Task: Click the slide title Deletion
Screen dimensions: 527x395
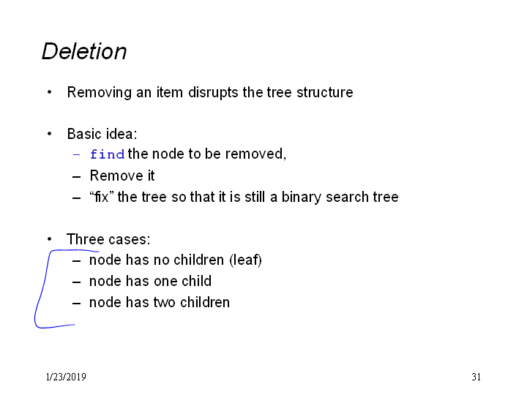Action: (x=84, y=51)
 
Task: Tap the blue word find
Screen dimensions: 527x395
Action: (x=107, y=154)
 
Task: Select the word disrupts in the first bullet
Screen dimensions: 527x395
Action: (x=213, y=93)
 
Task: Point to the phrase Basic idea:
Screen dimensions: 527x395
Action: (x=102, y=134)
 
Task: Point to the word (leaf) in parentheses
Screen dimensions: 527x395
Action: (x=245, y=260)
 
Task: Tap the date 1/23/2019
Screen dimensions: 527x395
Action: (x=66, y=377)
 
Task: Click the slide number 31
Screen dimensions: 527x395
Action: (x=476, y=377)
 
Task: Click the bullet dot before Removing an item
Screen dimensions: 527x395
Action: (x=50, y=92)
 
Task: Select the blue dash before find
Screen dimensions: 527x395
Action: (x=76, y=154)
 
